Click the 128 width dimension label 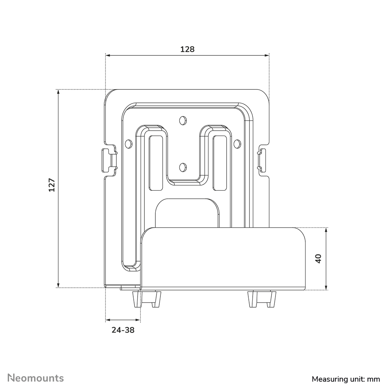(x=187, y=49)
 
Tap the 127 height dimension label (x=52, y=185)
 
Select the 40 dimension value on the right (x=318, y=258)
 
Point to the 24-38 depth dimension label (x=123, y=330)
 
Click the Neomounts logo (x=36, y=378)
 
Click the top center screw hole (x=183, y=120)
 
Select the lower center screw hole (x=183, y=167)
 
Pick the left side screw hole (x=129, y=144)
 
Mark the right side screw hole (x=238, y=144)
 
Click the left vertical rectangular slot (x=156, y=163)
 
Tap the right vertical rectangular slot (x=220, y=163)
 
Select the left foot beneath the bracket (x=147, y=299)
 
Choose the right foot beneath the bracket (x=262, y=299)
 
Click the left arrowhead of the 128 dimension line (x=108, y=55)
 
